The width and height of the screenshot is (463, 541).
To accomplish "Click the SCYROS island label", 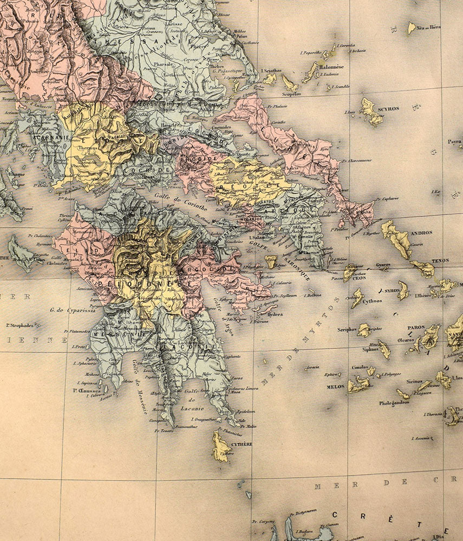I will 389,109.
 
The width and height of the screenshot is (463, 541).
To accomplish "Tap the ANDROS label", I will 421,233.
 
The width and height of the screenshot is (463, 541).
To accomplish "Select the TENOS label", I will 440,261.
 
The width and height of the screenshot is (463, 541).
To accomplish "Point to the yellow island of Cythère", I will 220,447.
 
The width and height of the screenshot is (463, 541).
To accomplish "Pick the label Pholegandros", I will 394,403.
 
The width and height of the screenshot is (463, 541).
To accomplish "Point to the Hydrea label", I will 275,314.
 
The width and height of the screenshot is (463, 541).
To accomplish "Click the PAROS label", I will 416,327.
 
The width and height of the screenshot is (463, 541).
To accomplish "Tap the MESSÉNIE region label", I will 113,335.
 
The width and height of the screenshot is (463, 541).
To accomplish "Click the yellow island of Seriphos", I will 363,330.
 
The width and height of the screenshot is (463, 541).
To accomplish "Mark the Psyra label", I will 454,142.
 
